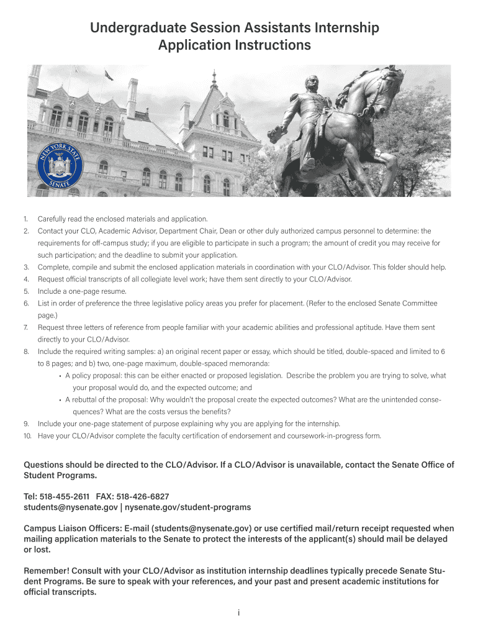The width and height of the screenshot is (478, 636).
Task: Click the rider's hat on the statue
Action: [311, 81]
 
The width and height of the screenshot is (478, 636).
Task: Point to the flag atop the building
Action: [109, 75]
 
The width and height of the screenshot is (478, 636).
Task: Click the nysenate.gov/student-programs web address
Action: [188, 507]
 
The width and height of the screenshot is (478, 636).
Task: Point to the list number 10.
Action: [27, 435]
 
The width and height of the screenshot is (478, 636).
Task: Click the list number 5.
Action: [25, 291]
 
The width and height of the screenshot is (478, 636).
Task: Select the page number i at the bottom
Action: [239, 613]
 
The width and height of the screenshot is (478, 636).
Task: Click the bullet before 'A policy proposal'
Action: [60, 376]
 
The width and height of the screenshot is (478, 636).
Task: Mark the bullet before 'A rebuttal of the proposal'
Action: [60, 399]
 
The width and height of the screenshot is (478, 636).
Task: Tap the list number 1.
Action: [25, 219]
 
